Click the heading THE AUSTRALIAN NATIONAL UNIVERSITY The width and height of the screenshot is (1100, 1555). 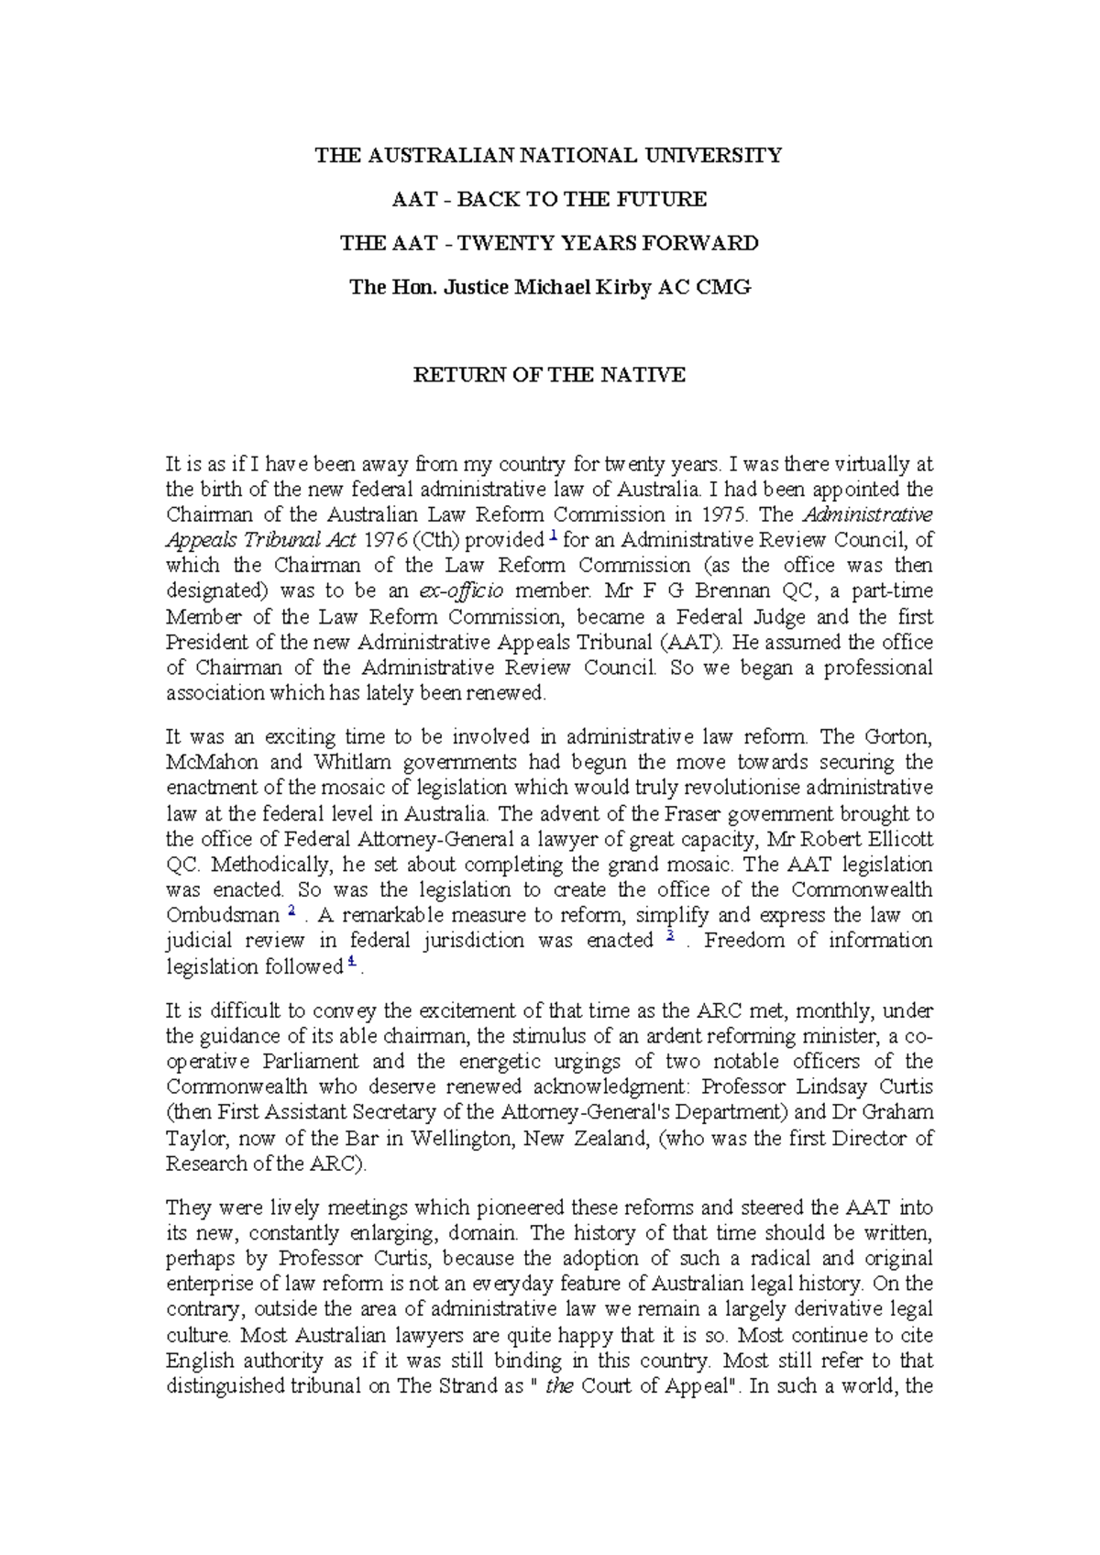pyautogui.click(x=548, y=155)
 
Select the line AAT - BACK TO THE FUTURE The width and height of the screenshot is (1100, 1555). pyautogui.click(x=548, y=199)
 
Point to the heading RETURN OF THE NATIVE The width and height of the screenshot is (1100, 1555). pyautogui.click(x=548, y=375)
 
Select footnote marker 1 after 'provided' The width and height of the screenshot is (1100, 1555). pyautogui.click(x=552, y=535)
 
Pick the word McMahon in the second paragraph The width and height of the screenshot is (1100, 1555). pyautogui.click(x=211, y=762)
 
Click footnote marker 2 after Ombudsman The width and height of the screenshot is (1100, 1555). pyautogui.click(x=291, y=911)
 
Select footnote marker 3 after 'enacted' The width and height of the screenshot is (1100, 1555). pyautogui.click(x=671, y=936)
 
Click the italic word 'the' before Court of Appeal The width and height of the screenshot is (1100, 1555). pyautogui.click(x=559, y=1386)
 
